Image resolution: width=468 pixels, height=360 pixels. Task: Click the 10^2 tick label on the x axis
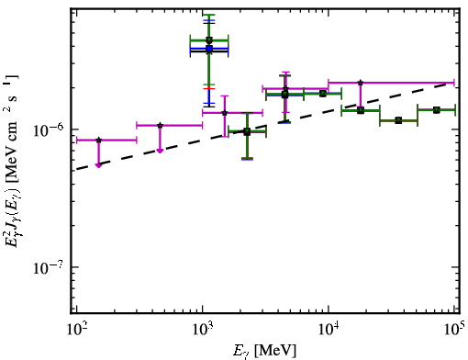(76, 330)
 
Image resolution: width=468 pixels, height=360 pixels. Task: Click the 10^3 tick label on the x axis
(203, 330)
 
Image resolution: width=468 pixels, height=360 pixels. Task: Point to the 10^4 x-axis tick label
(329, 330)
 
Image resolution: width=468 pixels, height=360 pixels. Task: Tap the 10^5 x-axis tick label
(454, 330)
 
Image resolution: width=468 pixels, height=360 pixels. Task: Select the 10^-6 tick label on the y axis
(48, 130)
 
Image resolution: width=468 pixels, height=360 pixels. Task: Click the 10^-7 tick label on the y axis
(48, 267)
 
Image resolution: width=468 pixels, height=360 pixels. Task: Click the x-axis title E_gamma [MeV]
(264, 351)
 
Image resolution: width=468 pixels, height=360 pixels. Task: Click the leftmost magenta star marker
(98, 141)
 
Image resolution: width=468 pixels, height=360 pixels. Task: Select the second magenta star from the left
(160, 125)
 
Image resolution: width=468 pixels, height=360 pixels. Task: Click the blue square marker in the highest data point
(209, 49)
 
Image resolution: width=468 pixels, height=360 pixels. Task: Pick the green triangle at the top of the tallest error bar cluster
(209, 39)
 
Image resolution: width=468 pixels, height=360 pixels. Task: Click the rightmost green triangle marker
(437, 110)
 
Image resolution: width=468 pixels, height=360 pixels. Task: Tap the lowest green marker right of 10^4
(398, 120)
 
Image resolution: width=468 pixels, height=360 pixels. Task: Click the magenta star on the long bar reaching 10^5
(361, 83)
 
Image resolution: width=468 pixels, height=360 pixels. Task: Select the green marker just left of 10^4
(322, 94)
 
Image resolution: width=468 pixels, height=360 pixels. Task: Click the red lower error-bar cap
(209, 88)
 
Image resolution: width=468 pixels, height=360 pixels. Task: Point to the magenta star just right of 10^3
(225, 113)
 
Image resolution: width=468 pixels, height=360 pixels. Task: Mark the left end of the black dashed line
(76, 169)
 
